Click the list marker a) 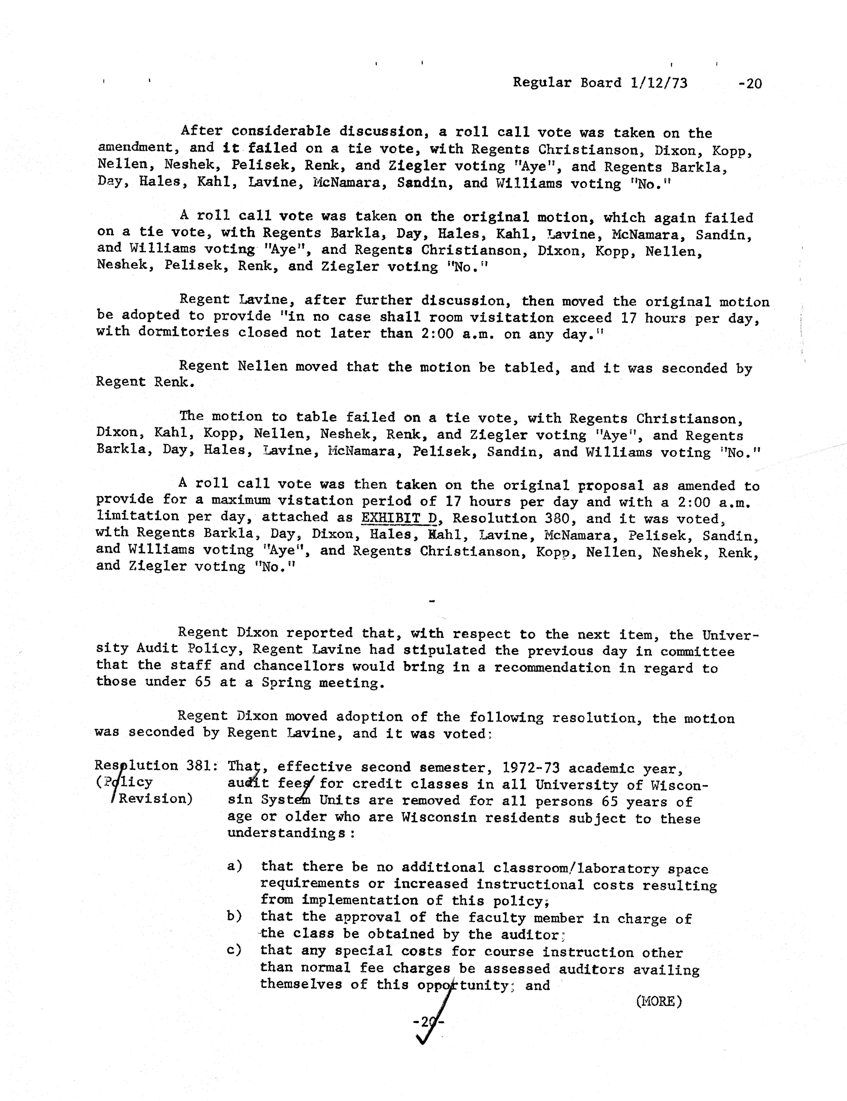click(234, 866)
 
